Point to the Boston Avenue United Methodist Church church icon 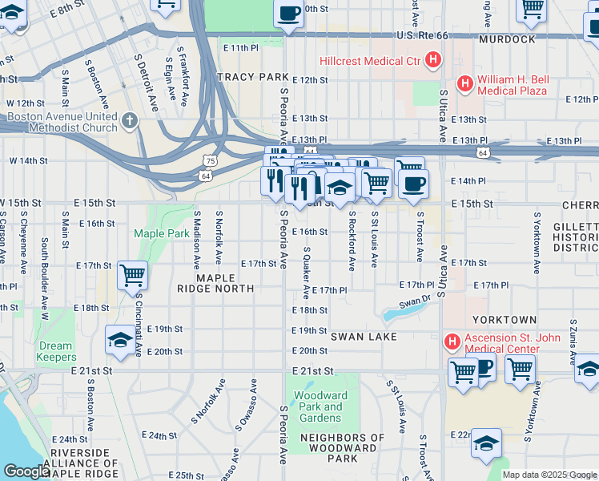pos(131,120)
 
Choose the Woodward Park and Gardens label pos(320,406)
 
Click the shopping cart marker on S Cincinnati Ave pos(132,276)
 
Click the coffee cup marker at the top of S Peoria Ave pos(288,14)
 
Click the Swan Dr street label pos(415,301)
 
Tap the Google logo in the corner pos(26,471)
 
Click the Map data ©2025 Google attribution pos(549,475)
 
